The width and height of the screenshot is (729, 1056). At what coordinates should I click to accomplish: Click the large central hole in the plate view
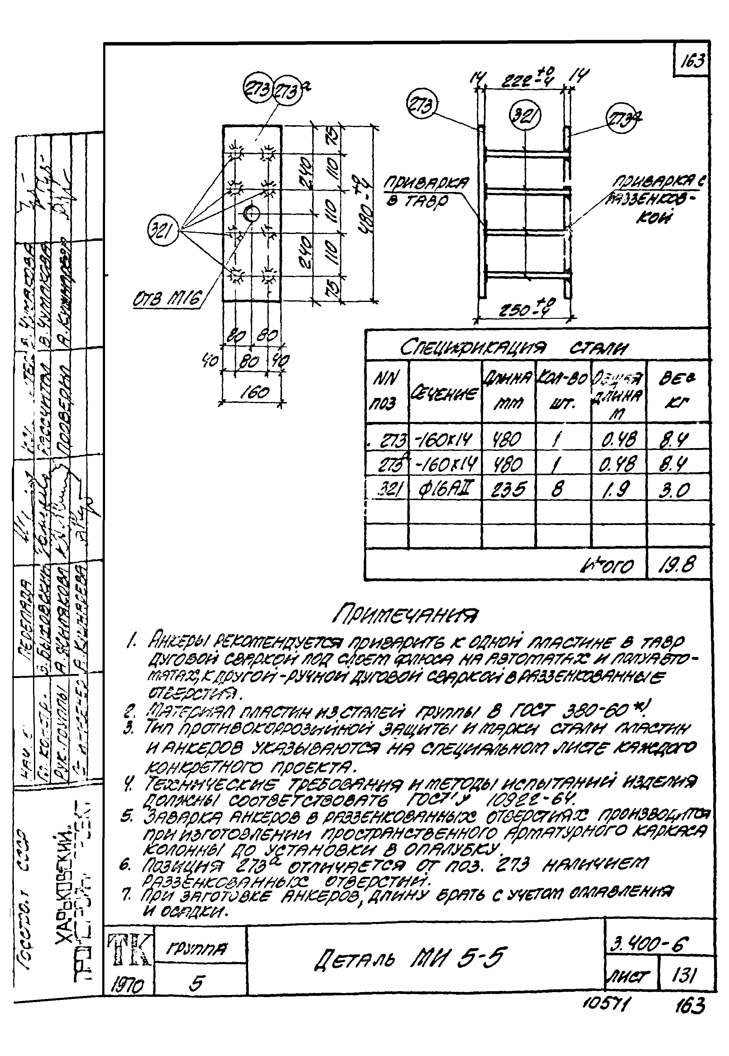[x=251, y=213]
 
